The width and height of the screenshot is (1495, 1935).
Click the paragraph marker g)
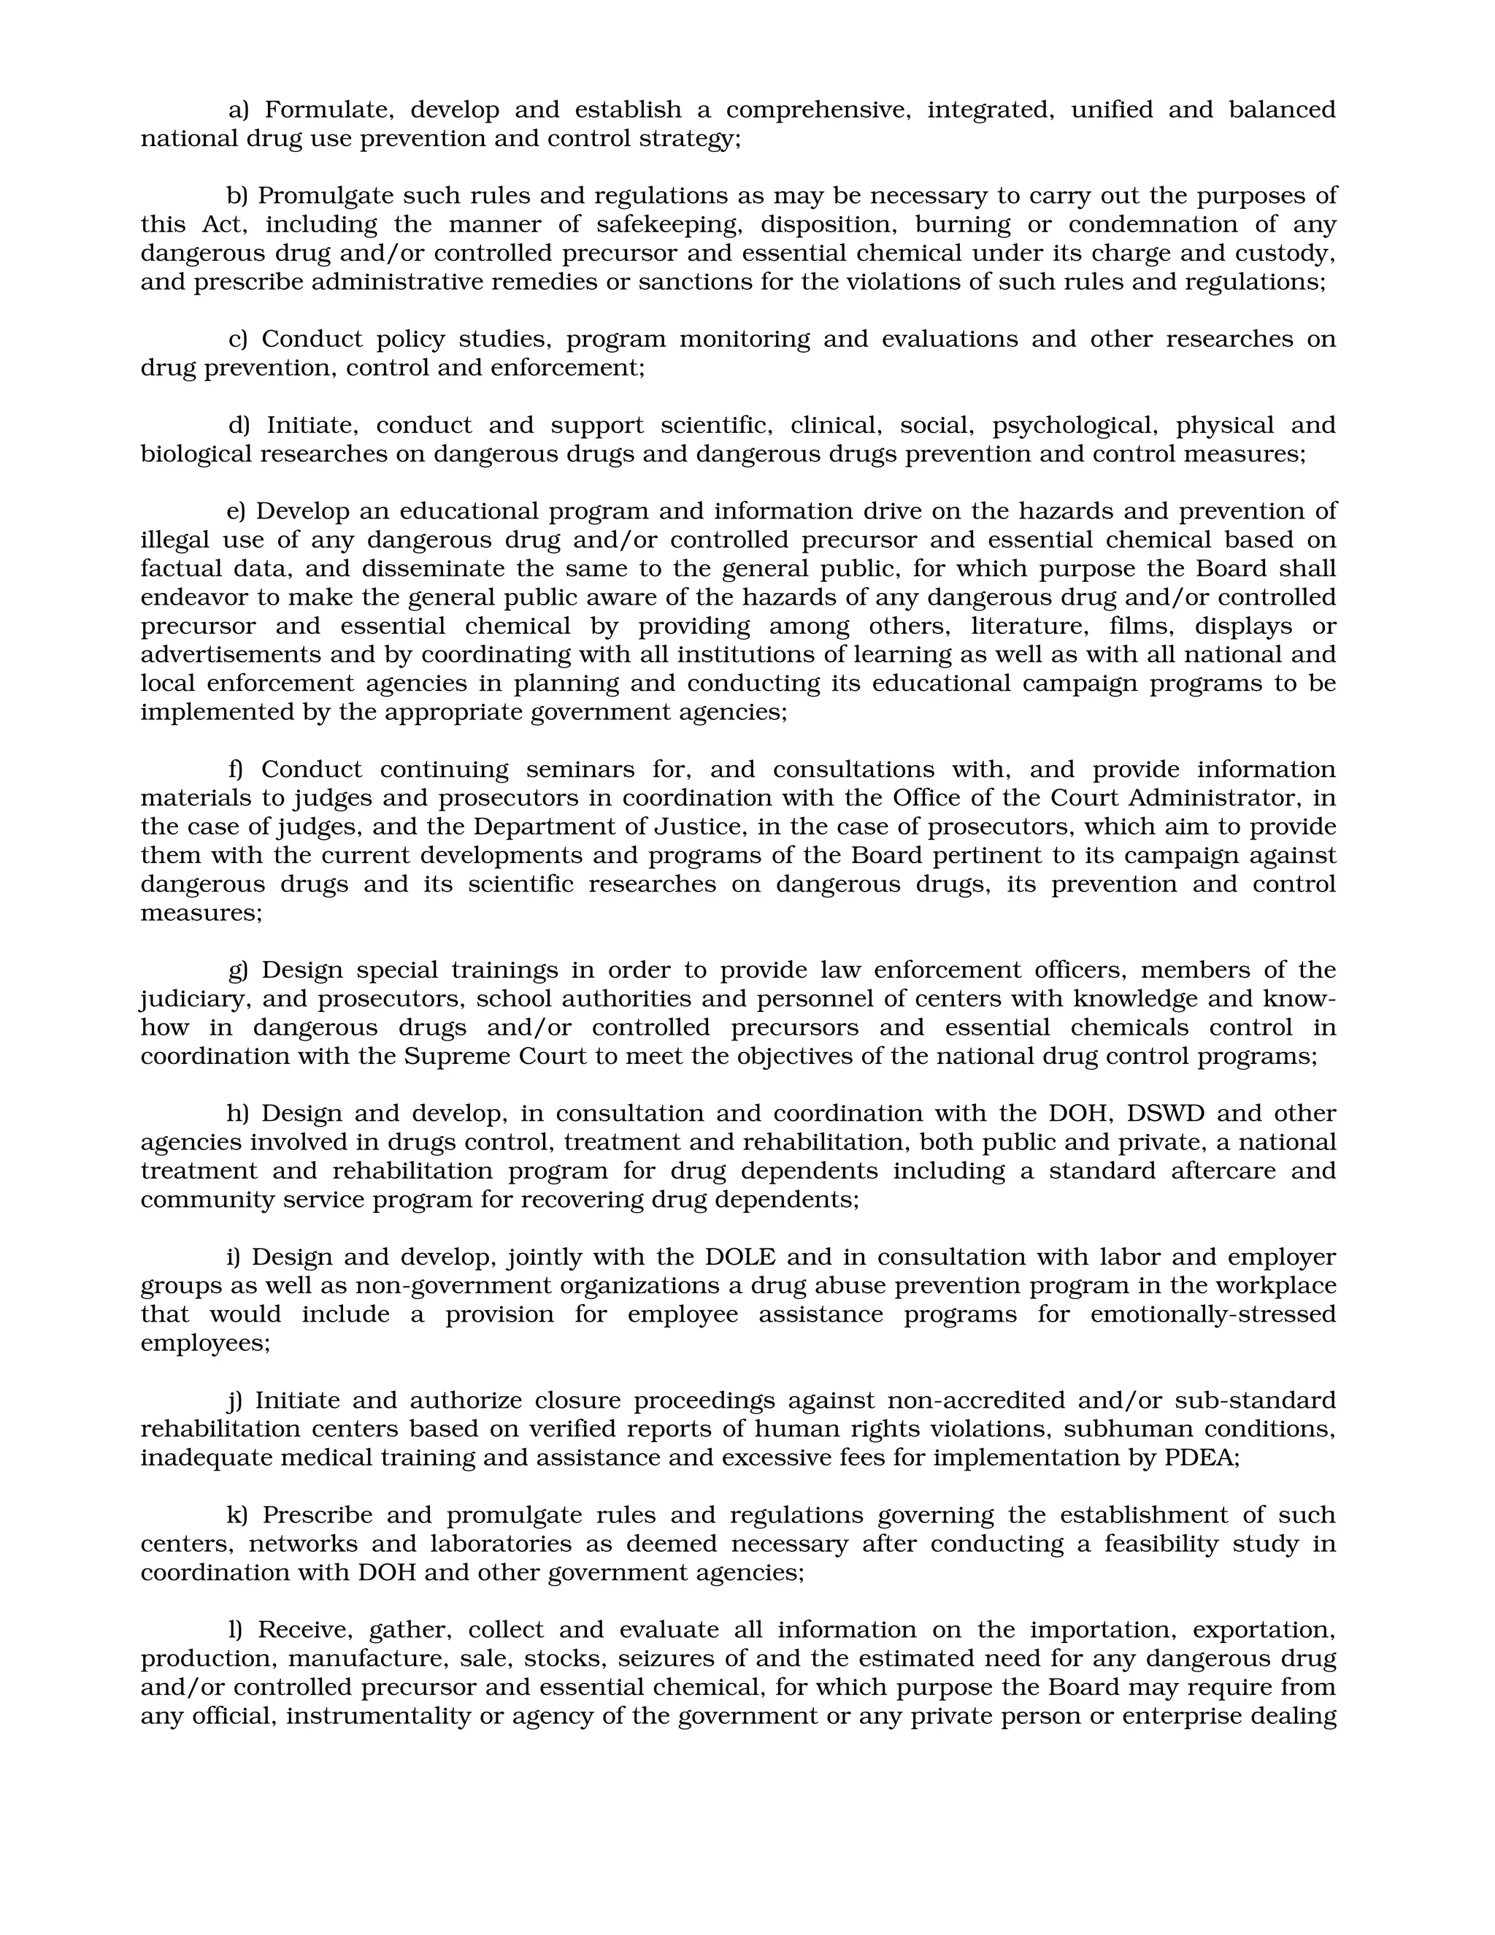pyautogui.click(x=238, y=971)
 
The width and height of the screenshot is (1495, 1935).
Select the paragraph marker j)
pyautogui.click(x=236, y=1401)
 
